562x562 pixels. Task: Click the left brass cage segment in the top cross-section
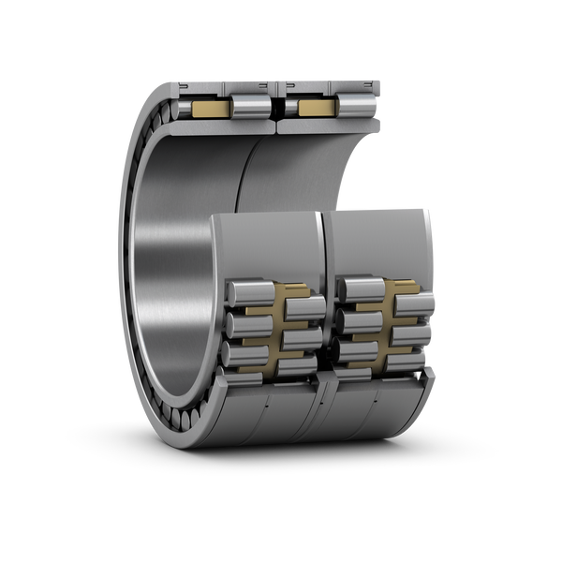(208, 110)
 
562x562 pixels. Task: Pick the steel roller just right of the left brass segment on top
(247, 108)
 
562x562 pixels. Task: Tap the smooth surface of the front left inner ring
(267, 248)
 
